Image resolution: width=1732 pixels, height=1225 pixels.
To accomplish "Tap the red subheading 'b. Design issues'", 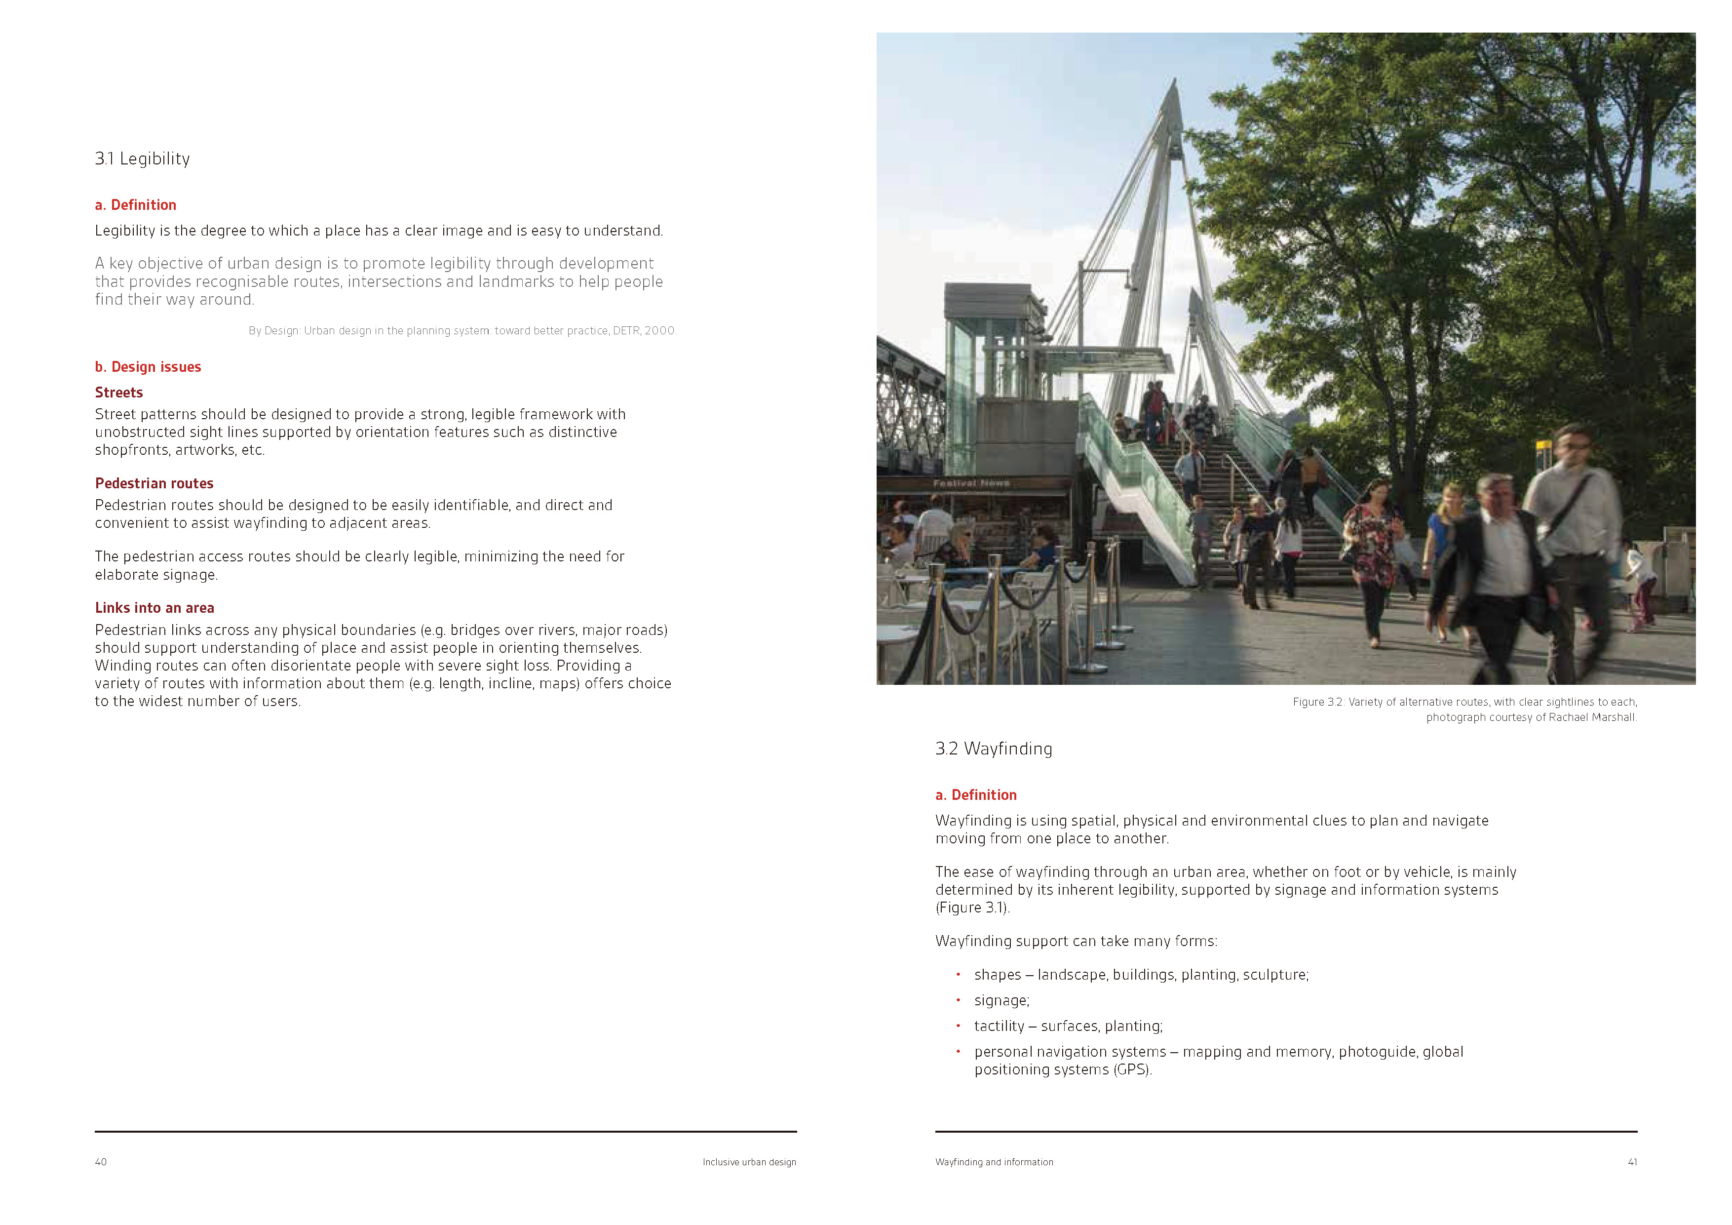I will [x=148, y=367].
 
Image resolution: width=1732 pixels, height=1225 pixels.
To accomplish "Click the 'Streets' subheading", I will [x=118, y=393].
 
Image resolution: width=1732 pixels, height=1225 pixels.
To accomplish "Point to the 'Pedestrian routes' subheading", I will [x=154, y=483].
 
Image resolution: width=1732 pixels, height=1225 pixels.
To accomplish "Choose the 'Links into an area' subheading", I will [x=154, y=608].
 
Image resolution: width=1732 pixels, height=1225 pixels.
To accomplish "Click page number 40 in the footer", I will [x=100, y=1162].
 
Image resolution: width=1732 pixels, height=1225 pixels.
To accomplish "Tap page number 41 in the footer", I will [x=1632, y=1162].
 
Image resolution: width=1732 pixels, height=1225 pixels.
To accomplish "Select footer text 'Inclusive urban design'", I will [x=749, y=1162].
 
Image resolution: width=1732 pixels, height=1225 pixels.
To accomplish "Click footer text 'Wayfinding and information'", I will [x=994, y=1162].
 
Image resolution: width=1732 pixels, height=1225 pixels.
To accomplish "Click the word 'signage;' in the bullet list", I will [x=1001, y=1001].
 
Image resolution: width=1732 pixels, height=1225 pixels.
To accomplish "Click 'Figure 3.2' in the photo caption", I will [x=1318, y=702].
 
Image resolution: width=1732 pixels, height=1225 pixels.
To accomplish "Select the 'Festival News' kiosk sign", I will [x=971, y=483].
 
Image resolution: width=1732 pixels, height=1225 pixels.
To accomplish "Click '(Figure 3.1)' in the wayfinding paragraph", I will [x=971, y=908].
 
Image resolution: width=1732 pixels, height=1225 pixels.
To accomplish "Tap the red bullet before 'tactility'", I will [x=958, y=1026].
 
